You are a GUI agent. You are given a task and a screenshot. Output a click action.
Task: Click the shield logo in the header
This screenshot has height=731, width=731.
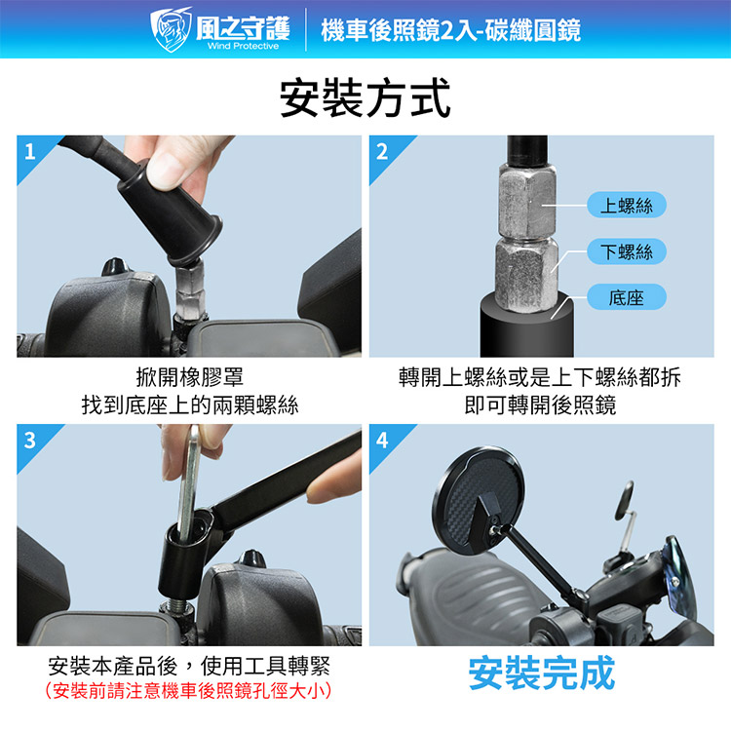171,29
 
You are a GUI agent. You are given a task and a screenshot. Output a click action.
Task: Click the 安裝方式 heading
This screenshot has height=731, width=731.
365,98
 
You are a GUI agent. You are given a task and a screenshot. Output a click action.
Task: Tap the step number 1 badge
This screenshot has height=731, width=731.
30,151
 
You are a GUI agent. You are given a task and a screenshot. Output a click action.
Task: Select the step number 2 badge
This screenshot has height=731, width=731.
382,151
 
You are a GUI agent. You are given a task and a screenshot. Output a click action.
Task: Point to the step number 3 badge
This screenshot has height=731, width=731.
30,441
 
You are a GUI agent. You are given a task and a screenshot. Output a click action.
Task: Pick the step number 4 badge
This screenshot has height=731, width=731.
382,441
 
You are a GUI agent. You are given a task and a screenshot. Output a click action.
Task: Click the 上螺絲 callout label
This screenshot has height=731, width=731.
626,205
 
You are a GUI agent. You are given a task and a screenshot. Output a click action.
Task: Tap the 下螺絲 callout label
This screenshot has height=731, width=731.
626,251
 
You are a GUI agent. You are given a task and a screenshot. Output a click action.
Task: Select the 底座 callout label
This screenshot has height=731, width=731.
626,297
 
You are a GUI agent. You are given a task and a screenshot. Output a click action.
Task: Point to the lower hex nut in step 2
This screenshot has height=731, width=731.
526,274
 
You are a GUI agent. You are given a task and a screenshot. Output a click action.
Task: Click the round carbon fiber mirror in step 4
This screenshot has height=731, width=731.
480,500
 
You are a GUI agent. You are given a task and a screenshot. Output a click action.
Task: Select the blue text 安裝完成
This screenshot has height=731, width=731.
542,673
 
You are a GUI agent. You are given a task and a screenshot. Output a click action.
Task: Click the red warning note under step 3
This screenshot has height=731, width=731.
188,690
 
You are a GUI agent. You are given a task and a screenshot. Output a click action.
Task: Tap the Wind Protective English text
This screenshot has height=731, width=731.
243,46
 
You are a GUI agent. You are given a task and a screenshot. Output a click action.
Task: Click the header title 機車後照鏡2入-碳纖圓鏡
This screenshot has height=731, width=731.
451,30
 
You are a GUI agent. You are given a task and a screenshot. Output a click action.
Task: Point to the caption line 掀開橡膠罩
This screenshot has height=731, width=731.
189,376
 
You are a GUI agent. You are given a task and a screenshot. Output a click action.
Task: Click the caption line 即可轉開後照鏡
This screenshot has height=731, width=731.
540,404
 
